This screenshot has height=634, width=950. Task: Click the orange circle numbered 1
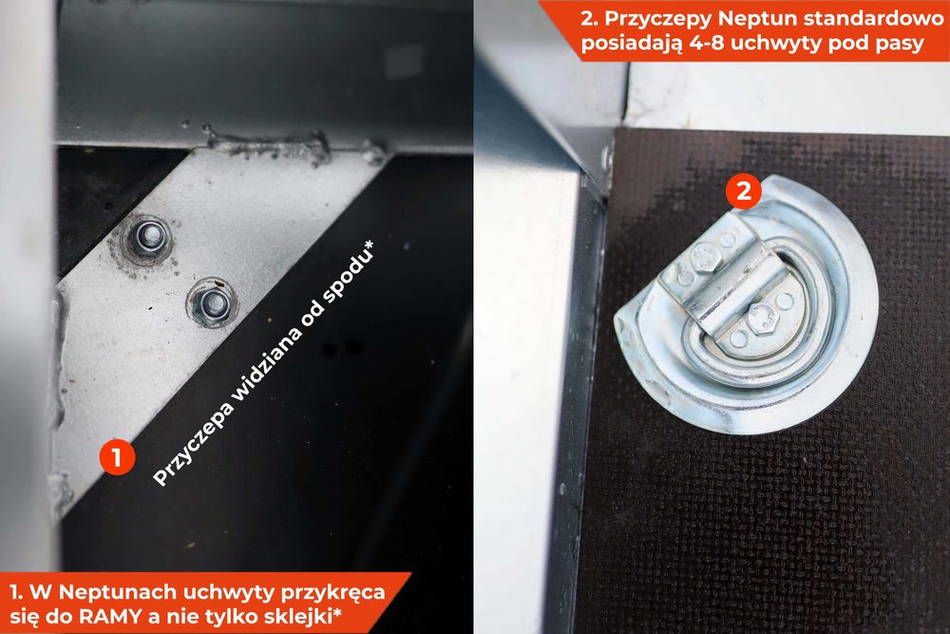117,456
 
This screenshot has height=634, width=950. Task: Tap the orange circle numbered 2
744,191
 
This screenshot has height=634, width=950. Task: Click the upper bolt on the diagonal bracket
148,237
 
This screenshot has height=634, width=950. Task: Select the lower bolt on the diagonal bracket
212,301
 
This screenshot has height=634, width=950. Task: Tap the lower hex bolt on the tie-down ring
759,317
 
